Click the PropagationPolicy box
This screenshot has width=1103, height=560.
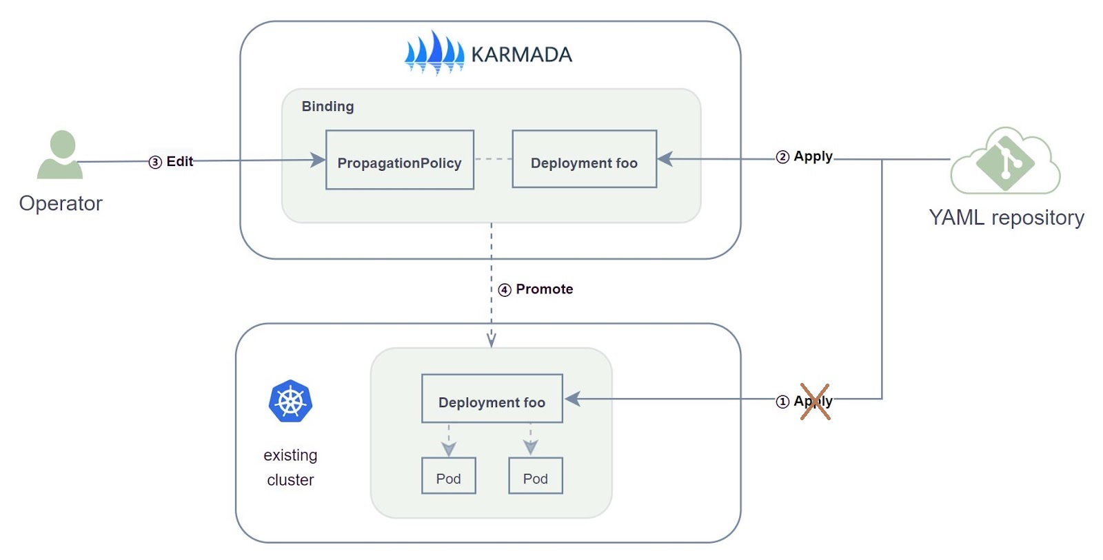coord(400,160)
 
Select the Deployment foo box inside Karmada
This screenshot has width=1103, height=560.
coord(584,159)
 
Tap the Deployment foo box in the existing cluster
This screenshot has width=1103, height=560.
coord(492,399)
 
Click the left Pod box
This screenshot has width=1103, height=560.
coord(448,476)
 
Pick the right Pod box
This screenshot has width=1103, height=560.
coord(535,476)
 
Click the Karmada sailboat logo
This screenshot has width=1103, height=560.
coord(434,52)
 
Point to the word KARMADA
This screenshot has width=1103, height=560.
coord(521,54)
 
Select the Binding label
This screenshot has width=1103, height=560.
coord(327,106)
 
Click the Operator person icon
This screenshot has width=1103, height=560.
coord(61,155)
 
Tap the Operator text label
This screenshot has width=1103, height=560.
coord(61,203)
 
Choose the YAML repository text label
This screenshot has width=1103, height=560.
coord(1006,218)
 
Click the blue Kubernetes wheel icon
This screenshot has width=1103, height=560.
coord(290,402)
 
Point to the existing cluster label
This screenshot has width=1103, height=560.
coord(290,467)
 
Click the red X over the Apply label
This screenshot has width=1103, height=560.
coord(815,402)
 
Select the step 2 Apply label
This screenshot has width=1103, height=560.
coord(805,156)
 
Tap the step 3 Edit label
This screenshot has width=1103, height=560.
coord(172,161)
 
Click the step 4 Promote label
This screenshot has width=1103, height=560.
coord(536,289)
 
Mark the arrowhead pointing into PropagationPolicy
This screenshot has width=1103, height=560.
coord(318,160)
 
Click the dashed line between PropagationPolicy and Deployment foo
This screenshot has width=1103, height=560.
coord(493,159)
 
